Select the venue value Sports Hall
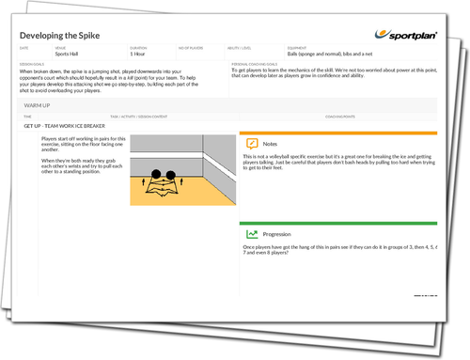67,55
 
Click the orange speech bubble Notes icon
252,144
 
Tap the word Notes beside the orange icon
271,144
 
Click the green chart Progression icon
252,233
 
